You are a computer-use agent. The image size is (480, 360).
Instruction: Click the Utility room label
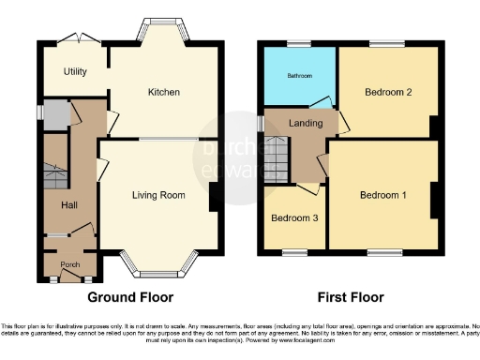pyautogui.click(x=75, y=71)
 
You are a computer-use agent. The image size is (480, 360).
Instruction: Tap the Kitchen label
pyautogui.click(x=163, y=92)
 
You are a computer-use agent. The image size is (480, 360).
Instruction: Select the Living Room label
pyautogui.click(x=156, y=195)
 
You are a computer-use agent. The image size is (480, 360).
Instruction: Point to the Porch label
pyautogui.click(x=68, y=263)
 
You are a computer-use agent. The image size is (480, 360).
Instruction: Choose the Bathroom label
pyautogui.click(x=299, y=75)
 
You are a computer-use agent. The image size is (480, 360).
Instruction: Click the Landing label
pyautogui.click(x=307, y=123)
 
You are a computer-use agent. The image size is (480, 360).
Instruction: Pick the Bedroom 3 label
pyautogui.click(x=293, y=218)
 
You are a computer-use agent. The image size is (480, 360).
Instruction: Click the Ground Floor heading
pyautogui.click(x=130, y=298)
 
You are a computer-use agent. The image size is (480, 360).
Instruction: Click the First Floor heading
pyautogui.click(x=351, y=298)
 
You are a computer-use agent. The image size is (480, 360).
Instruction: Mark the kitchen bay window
pyautogui.click(x=162, y=30)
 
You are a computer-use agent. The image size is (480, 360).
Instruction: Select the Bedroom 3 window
pyautogui.click(x=295, y=251)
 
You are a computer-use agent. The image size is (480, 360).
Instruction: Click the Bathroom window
pyautogui.click(x=299, y=44)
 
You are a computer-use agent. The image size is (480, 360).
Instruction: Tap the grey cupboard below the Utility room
pyautogui.click(x=55, y=115)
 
